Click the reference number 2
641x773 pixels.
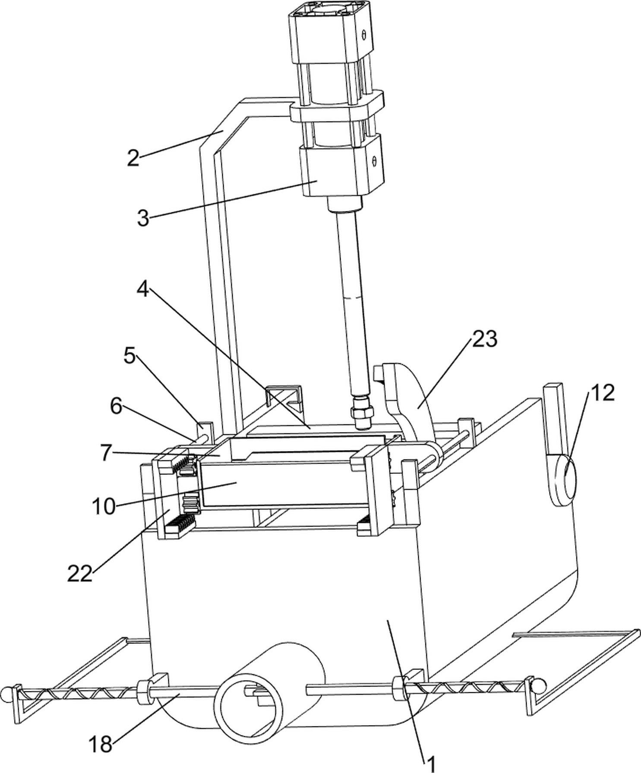pos(133,159)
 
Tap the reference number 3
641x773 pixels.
pos(143,219)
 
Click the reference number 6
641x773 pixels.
pos(116,407)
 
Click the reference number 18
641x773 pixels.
pos(101,744)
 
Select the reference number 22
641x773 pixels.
pos(80,574)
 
